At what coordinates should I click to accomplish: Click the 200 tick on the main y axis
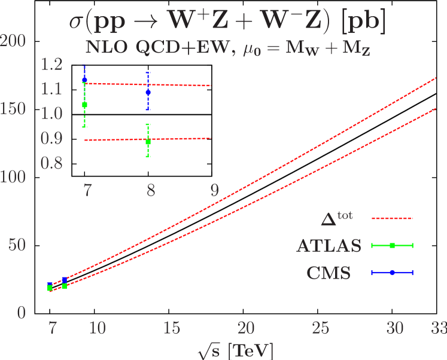[x=13, y=41]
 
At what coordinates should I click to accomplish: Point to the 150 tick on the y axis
[x=13, y=109]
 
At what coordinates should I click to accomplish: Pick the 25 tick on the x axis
[x=321, y=328]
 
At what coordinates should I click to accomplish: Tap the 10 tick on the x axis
[x=98, y=328]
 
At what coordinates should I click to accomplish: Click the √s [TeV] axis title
[x=238, y=349]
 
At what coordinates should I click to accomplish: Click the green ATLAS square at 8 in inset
[x=148, y=142]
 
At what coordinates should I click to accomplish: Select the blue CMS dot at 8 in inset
[x=148, y=92]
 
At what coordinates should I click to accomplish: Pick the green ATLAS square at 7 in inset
[x=85, y=105]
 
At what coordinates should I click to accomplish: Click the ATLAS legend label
[x=329, y=246]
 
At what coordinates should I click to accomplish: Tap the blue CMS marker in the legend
[x=392, y=272]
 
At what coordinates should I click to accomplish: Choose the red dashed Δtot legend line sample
[x=392, y=218]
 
